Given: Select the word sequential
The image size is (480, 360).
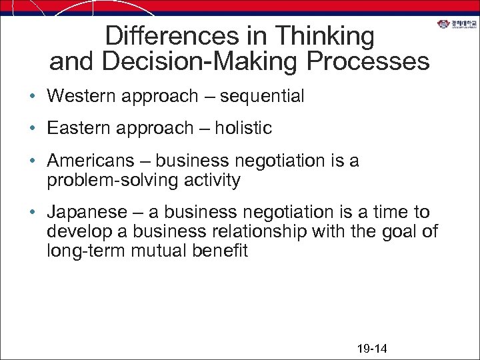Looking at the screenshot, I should pyautogui.click(x=262, y=97).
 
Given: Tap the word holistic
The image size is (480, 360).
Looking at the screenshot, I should pyautogui.click(x=243, y=128).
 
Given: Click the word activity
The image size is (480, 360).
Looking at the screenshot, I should pyautogui.click(x=209, y=180).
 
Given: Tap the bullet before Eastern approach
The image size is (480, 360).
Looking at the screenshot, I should pyautogui.click(x=33, y=129).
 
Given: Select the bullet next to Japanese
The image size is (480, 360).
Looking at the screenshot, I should pyautogui.click(x=33, y=213).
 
